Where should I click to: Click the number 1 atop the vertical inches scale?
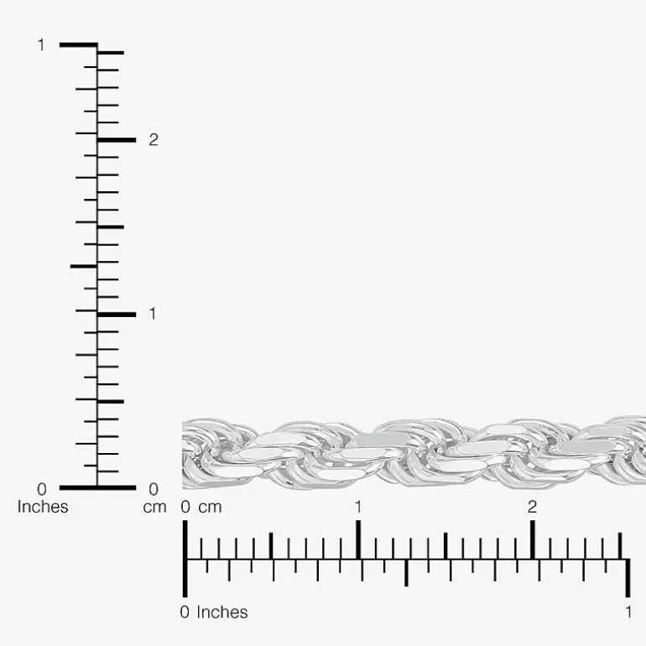(41, 45)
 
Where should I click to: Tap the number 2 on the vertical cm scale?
(154, 140)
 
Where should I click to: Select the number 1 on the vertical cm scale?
(153, 314)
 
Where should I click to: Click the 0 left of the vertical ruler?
(42, 489)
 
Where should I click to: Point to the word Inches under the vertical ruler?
(43, 507)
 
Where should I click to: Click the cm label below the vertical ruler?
(154, 508)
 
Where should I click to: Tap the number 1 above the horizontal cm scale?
(358, 507)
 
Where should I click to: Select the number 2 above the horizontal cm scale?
(532, 507)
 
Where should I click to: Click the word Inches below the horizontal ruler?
(222, 612)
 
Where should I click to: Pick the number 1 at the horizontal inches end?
(628, 612)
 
